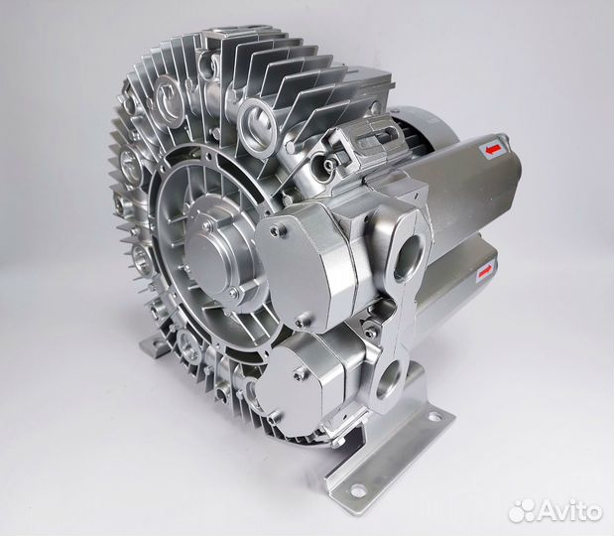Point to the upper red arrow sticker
pyautogui.click(x=492, y=149)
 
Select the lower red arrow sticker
pyautogui.click(x=484, y=271)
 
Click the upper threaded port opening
pyautogui.click(x=410, y=257)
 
